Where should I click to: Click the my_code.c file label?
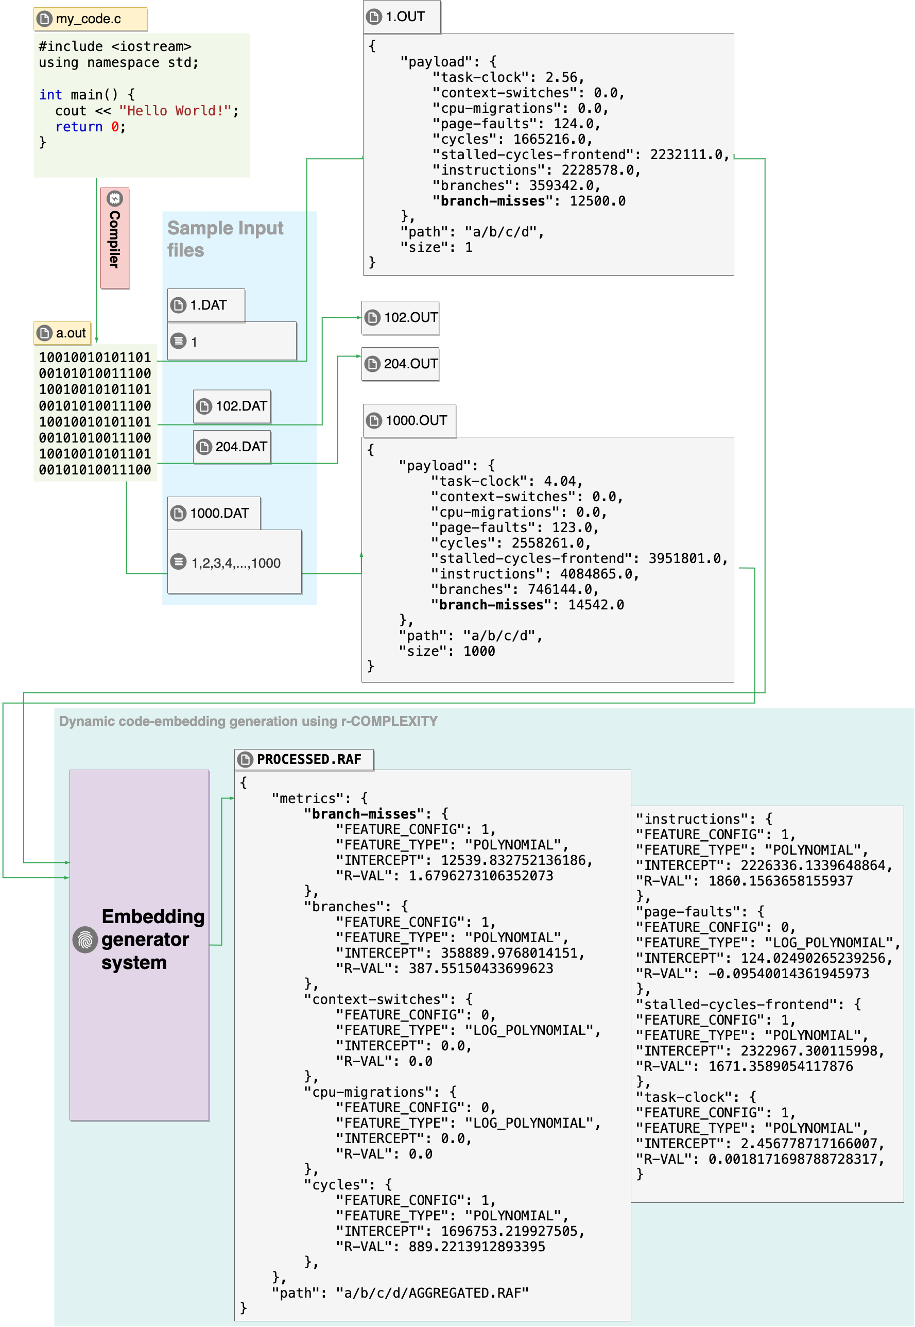point(90,19)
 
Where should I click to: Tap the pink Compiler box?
point(115,237)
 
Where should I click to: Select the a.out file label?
point(62,333)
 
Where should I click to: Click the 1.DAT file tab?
point(206,305)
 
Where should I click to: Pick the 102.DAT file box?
point(232,406)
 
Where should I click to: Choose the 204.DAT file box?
point(232,447)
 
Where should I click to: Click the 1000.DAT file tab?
point(214,513)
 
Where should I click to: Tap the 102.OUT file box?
point(400,318)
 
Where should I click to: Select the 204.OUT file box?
point(400,364)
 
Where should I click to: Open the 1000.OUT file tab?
point(409,421)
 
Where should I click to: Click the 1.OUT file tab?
point(402,16)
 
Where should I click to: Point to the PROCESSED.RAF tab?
point(304,760)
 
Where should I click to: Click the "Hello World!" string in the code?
point(175,111)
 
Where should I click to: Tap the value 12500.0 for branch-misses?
point(597,201)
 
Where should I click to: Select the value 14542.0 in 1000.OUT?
point(596,605)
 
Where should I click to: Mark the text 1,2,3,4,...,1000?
point(236,564)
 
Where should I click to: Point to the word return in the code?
point(79,127)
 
